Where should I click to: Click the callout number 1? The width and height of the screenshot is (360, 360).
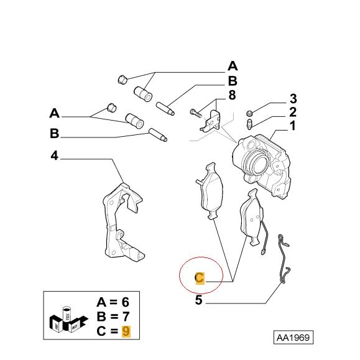pos(292,126)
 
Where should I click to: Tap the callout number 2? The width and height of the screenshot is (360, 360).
pos(292,113)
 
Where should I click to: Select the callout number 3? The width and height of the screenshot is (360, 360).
pos(292,99)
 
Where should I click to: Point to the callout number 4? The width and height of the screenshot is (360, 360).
pos(54,157)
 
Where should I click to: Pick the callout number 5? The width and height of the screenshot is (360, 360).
pos(198,301)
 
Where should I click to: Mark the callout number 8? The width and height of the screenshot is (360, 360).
pos(232,96)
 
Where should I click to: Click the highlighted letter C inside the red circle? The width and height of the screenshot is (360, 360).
pos(199,278)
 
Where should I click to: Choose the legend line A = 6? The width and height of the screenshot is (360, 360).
pos(113,303)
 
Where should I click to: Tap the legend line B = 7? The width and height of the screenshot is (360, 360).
pos(113,316)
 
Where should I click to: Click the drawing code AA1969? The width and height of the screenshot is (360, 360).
pos(293,338)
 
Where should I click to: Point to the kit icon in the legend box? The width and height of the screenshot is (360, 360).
pos(67,317)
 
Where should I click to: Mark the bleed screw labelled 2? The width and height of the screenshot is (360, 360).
pos(249,124)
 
